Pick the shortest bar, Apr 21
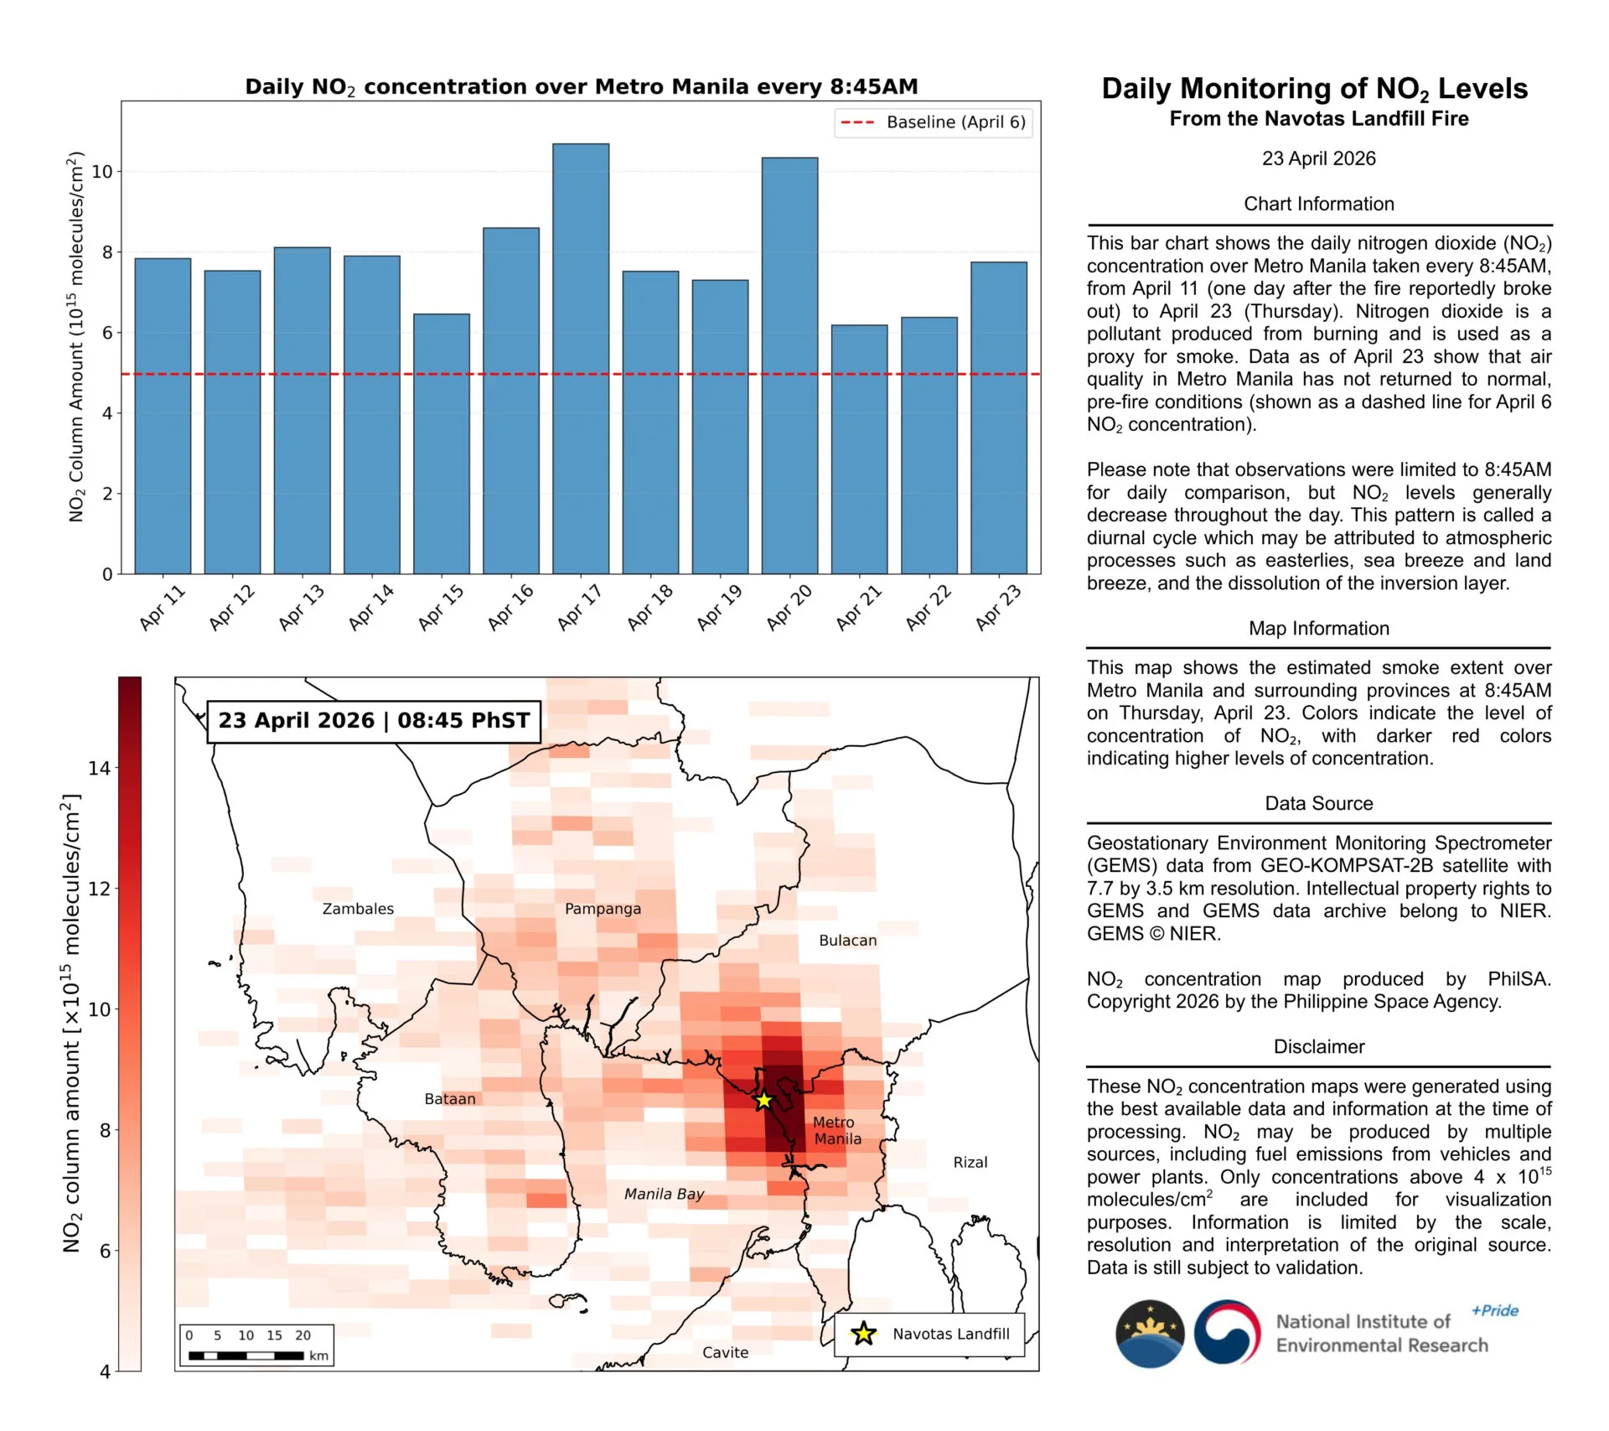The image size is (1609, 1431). coord(859,449)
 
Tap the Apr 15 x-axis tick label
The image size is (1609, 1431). coord(441,607)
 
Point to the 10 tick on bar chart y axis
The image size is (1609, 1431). coord(101,172)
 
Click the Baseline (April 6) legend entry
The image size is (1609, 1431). coord(934,122)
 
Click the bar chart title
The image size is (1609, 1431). coord(581,87)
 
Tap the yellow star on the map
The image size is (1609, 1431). coord(763,1101)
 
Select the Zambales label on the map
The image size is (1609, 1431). coord(358,909)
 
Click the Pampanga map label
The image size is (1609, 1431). coord(603,909)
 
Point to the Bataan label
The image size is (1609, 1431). coord(450,1099)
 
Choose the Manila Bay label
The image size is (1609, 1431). coord(664,1194)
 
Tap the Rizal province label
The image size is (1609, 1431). coord(970,1163)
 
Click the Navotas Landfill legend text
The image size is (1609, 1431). coord(951,1334)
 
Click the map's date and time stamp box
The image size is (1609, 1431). coord(374,721)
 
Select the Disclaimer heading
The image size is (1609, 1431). coord(1318,1046)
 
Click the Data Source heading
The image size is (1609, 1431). coord(1318,803)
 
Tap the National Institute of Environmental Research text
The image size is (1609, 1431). coord(1381,1334)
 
